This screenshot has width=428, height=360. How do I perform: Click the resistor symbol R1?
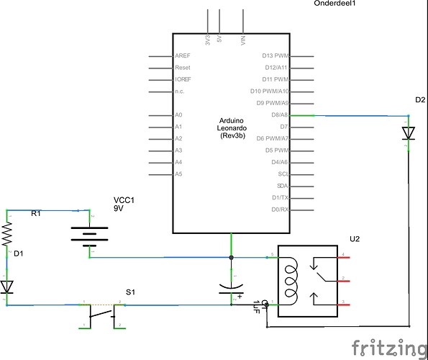point(8,233)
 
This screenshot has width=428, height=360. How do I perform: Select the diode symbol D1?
point(8,287)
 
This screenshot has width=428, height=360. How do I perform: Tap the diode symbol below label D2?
point(409,133)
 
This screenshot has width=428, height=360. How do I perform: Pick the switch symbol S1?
point(102,312)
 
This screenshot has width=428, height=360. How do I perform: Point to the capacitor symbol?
point(231,290)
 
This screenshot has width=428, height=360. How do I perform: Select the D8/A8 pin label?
point(278,115)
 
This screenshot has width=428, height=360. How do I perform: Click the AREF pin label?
point(183,56)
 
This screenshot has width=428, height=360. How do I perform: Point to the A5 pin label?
point(178,174)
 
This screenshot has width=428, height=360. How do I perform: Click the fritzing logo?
point(386,347)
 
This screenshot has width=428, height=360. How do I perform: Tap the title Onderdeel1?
point(335,4)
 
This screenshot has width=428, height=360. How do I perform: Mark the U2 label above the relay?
point(354,238)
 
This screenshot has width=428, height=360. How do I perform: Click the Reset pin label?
point(182,68)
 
